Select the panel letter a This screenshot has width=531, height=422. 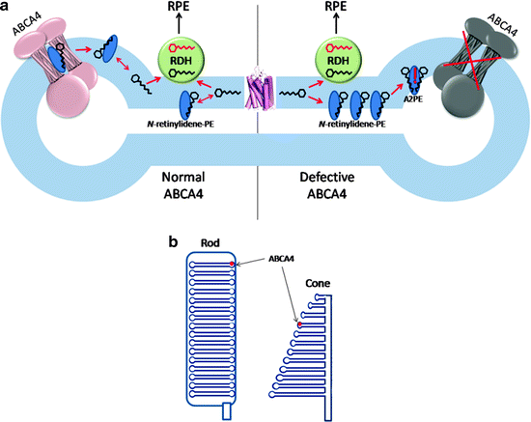pyautogui.click(x=8, y=9)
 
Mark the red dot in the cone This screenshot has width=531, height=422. pyautogui.click(x=299, y=325)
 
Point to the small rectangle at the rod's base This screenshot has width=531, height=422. pyautogui.click(x=228, y=411)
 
